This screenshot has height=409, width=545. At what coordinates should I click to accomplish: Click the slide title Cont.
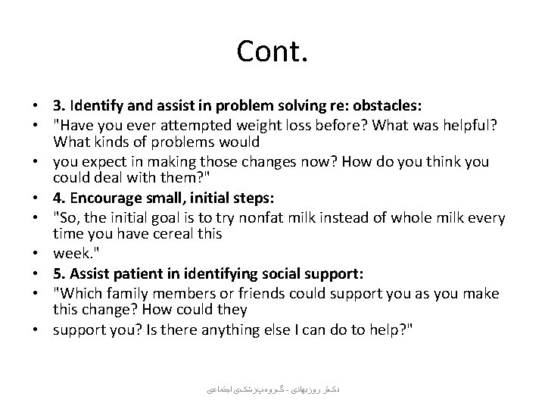coord(272,52)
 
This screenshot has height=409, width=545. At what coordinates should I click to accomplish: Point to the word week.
coord(70,254)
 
